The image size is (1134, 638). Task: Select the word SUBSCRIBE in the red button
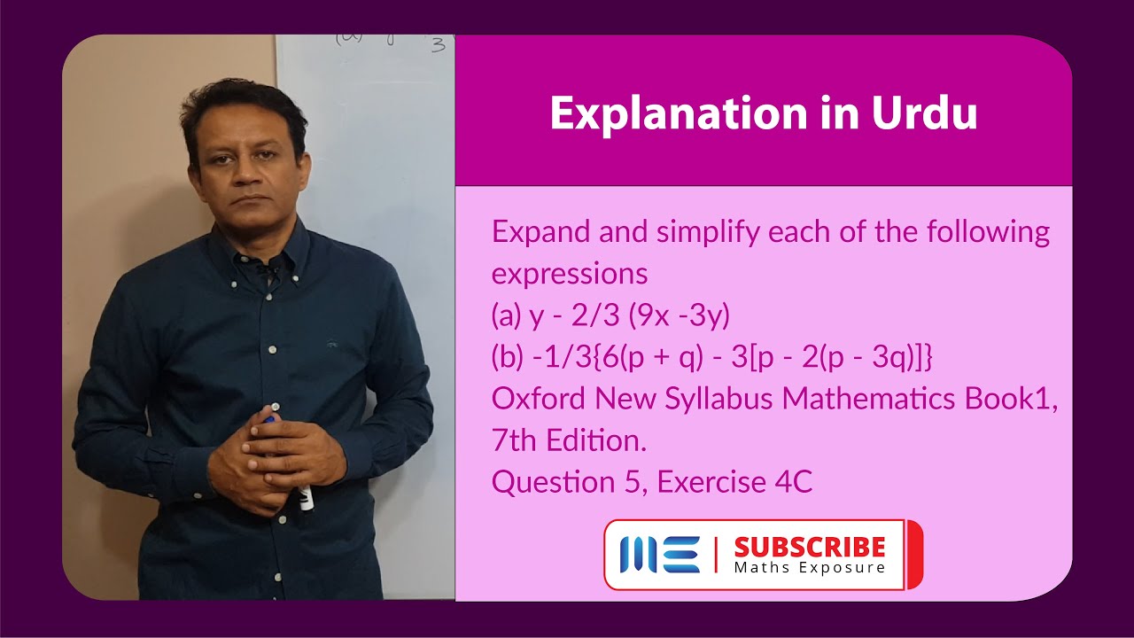(809, 547)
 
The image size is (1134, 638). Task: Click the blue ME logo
(659, 555)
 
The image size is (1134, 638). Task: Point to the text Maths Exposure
(809, 567)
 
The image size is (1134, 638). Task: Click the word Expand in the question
(540, 233)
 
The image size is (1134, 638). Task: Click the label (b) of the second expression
(509, 357)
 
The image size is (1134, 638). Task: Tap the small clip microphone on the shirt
(263, 264)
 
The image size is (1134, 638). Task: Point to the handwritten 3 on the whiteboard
(438, 45)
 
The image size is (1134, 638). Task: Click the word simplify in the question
(710, 233)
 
